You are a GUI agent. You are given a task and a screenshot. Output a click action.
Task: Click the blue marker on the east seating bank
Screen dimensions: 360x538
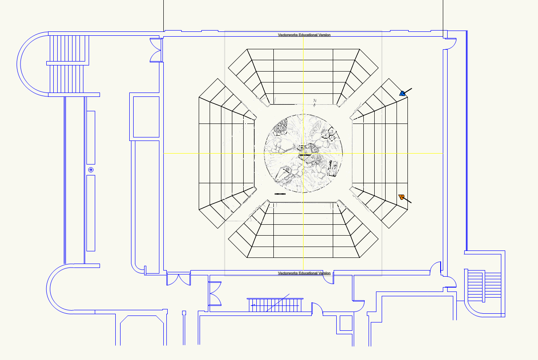pyautogui.click(x=403, y=93)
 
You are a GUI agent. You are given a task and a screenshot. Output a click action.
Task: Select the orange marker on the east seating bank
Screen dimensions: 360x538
pyautogui.click(x=401, y=198)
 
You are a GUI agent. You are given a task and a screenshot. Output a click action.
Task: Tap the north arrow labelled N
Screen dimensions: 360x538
pyautogui.click(x=315, y=102)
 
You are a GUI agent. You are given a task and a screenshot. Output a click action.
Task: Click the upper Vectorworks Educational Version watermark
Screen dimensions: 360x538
pyautogui.click(x=304, y=35)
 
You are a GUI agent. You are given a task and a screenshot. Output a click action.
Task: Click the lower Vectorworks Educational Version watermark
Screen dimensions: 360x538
pyautogui.click(x=304, y=273)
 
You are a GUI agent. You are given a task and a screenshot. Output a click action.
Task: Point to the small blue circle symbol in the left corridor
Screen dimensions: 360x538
pyautogui.click(x=91, y=170)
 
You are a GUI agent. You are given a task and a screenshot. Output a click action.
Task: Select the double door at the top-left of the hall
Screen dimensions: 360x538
pyautogui.click(x=156, y=50)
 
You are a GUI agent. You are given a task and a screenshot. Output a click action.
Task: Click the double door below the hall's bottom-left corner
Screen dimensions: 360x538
pyautogui.click(x=179, y=279)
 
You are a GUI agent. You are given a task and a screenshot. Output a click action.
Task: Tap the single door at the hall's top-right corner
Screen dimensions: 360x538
pyautogui.click(x=450, y=43)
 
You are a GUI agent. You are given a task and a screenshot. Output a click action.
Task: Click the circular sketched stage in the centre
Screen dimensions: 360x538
pyautogui.click(x=303, y=153)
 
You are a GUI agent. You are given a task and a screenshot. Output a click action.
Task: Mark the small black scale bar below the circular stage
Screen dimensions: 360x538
pyautogui.click(x=280, y=193)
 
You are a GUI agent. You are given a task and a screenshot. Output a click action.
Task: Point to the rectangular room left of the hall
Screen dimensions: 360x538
pyautogui.click(x=146, y=117)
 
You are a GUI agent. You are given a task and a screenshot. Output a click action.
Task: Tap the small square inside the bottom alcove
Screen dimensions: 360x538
pyautogui.click(x=345, y=323)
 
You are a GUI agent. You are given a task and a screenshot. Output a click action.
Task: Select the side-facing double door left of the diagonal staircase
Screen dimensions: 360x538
pyautogui.click(x=214, y=293)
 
